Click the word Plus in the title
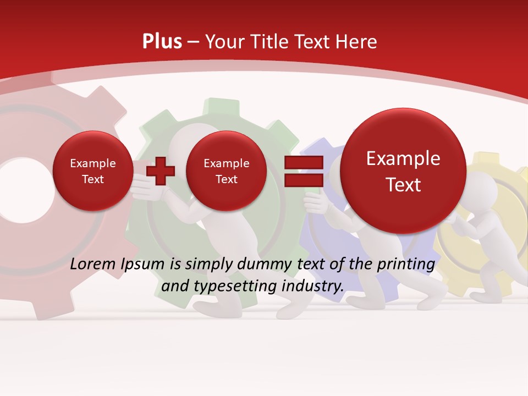coord(162,42)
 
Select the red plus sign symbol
coord(161,170)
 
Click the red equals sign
coord(303,170)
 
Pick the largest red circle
coord(403,171)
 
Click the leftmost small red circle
coord(92,171)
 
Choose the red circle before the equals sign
coord(226,171)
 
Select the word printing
coord(406,265)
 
